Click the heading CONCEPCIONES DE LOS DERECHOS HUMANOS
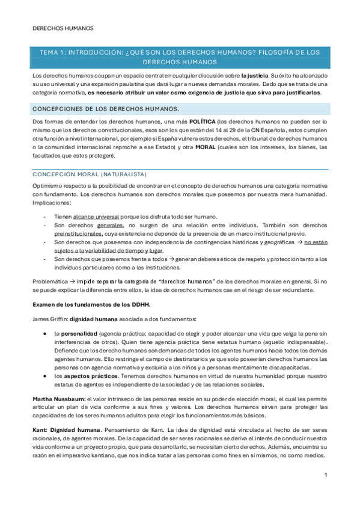click(x=105, y=109)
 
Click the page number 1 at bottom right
click(x=325, y=476)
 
